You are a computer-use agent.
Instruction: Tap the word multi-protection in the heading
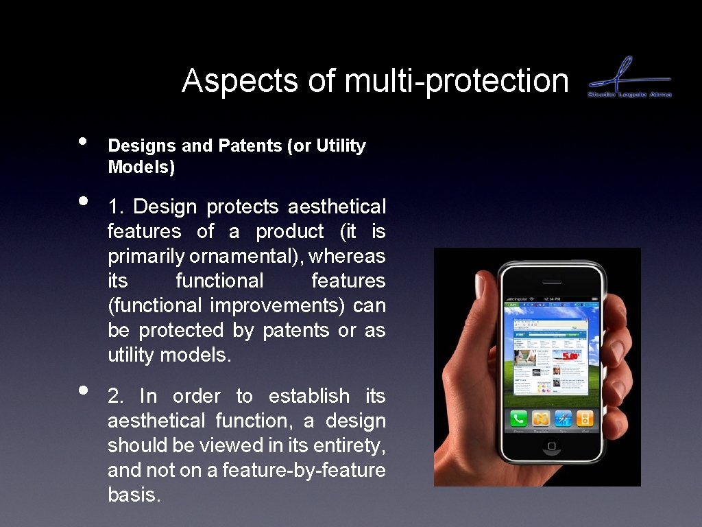pyautogui.click(x=457, y=81)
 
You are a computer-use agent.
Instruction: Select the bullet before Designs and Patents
pyautogui.click(x=82, y=141)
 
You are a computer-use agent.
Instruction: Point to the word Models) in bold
pyautogui.click(x=141, y=167)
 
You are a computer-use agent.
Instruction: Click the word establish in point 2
pyautogui.click(x=308, y=396)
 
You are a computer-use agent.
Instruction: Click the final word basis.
pyautogui.click(x=134, y=495)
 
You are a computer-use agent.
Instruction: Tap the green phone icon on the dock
pyautogui.click(x=518, y=418)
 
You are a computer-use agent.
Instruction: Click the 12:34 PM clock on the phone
pyautogui.click(x=552, y=298)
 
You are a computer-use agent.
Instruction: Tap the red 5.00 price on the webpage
pyautogui.click(x=571, y=356)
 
